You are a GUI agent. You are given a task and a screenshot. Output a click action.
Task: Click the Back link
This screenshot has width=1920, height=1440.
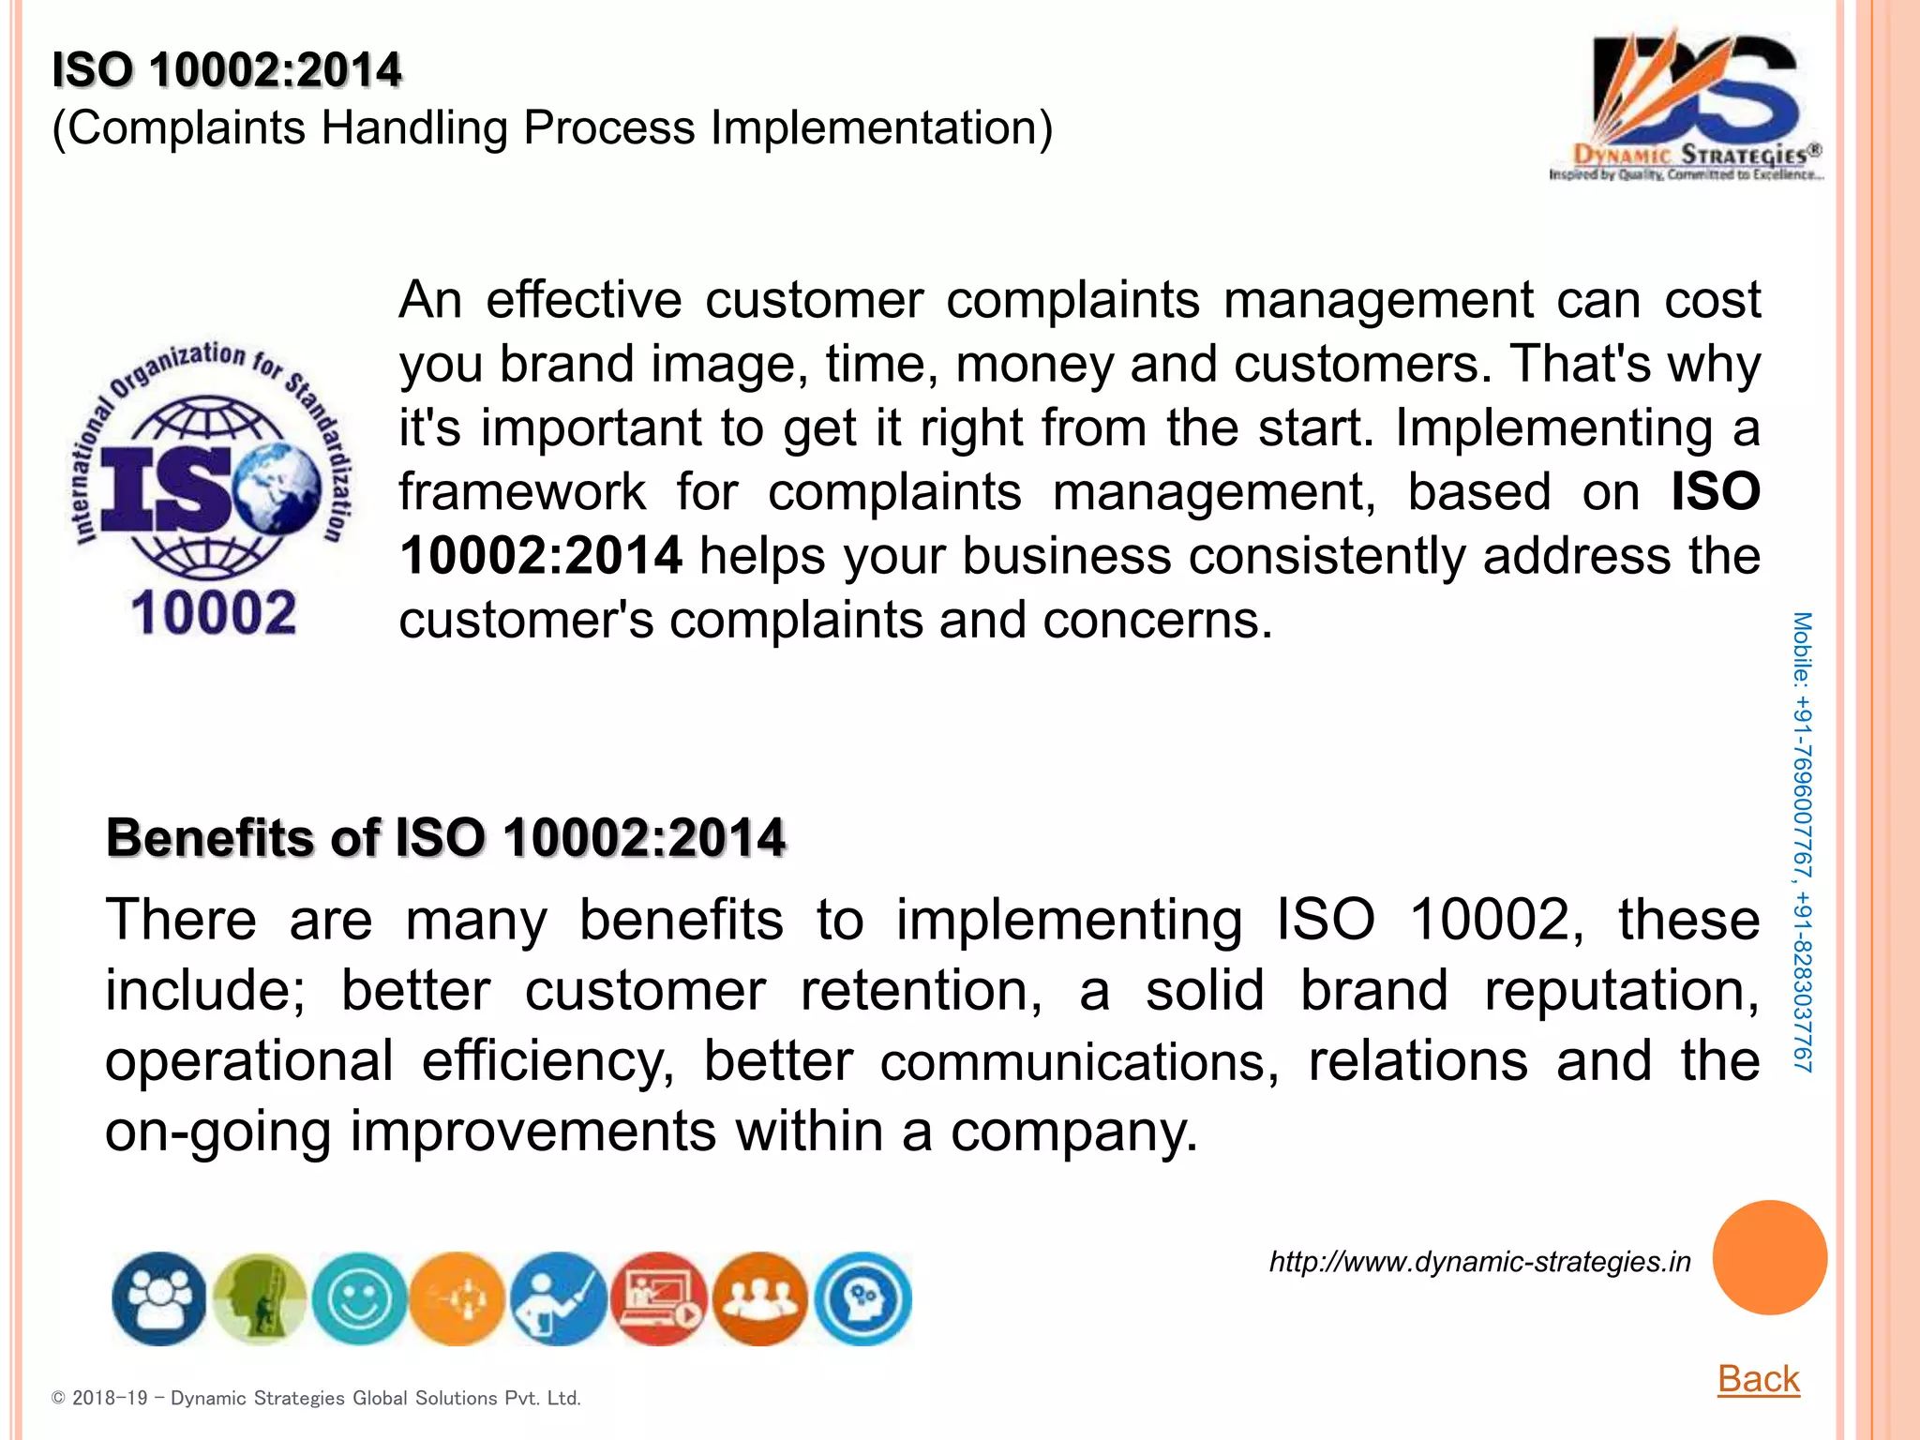1758,1378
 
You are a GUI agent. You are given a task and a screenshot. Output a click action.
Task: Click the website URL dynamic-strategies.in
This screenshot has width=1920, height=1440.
1479,1262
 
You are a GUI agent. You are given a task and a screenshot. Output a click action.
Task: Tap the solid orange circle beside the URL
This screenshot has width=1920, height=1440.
1769,1257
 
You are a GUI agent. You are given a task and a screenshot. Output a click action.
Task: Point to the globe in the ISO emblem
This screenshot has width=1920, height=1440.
278,487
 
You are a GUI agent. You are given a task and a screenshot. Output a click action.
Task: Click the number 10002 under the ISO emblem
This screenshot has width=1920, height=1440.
214,614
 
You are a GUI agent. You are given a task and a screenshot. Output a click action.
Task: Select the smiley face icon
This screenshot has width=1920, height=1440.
359,1299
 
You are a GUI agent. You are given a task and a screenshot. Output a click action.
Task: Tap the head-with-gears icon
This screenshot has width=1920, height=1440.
862,1299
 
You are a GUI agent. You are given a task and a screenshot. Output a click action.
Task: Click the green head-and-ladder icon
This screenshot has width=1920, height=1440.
260,1299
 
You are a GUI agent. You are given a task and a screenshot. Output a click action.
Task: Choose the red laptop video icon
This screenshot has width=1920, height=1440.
660,1299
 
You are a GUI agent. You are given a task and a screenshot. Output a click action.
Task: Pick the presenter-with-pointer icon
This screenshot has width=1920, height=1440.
559,1299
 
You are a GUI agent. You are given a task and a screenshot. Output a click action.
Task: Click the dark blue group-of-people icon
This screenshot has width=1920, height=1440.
159,1299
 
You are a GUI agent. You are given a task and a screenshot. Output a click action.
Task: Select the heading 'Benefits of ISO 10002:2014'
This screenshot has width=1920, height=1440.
445,837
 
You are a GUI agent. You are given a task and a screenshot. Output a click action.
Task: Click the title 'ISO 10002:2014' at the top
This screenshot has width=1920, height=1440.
227,70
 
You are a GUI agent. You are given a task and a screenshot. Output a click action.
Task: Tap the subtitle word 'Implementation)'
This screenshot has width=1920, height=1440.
881,127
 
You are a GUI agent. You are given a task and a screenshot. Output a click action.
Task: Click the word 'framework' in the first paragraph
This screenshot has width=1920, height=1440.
522,492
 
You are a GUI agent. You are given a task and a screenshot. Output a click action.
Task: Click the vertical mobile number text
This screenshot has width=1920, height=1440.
1802,842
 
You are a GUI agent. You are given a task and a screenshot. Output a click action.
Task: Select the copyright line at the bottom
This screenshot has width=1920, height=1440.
316,1398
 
